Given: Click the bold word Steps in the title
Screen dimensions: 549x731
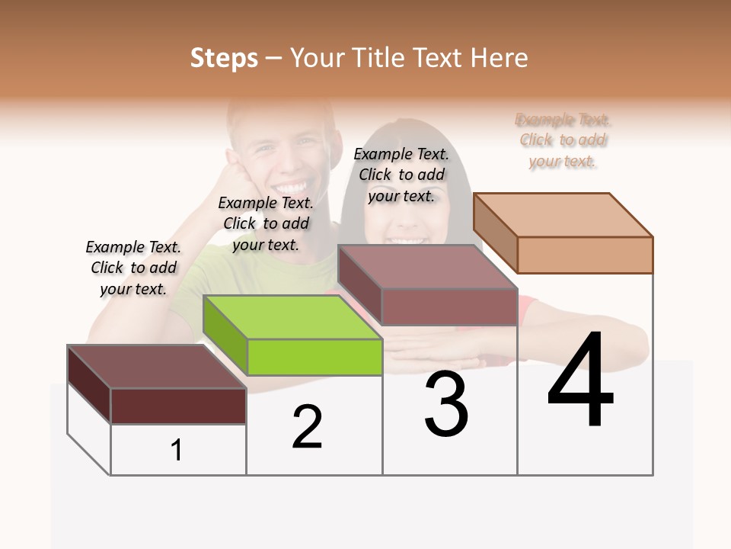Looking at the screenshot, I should pos(224,58).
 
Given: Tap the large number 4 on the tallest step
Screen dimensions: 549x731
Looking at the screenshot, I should pos(580,380).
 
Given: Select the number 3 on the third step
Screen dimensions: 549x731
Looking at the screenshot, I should pos(445,404).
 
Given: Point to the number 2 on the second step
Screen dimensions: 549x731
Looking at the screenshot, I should pos(307,427).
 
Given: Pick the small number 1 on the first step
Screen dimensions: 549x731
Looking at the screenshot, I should pos(177,450).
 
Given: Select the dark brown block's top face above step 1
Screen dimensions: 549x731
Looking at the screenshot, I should pos(157,367).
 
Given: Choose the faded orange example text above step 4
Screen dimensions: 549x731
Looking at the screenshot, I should pos(563,140).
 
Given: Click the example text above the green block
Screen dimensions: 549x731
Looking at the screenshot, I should pos(266,223).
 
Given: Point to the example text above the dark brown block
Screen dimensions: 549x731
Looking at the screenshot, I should pos(133,268).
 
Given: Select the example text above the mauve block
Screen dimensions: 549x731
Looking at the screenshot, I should pos(401,175).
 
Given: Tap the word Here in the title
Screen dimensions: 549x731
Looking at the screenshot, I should pos(499,58).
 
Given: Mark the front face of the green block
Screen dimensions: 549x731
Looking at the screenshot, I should pos(314,357).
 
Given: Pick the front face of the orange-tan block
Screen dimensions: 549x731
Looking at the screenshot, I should pos(585,255).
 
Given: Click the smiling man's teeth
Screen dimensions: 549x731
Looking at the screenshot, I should pos(293,185).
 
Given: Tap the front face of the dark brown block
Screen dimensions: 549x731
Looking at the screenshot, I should pos(178,406).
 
